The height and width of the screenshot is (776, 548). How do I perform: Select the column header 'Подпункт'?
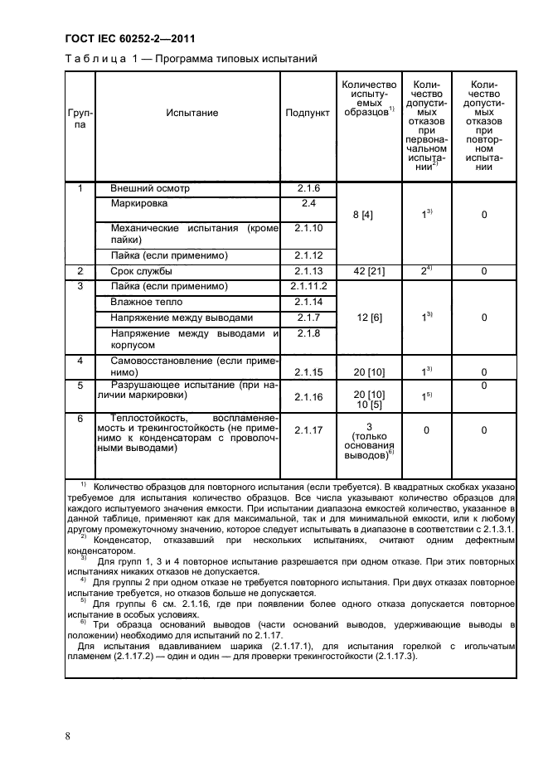click(308, 112)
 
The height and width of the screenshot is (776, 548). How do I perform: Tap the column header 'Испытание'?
click(192, 112)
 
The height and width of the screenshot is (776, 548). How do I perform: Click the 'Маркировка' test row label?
click(139, 203)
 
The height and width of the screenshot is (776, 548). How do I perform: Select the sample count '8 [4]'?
click(361, 215)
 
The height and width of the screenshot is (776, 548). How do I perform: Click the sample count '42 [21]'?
click(361, 272)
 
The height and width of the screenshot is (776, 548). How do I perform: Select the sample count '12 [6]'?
click(361, 318)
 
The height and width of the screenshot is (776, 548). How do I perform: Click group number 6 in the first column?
click(80, 420)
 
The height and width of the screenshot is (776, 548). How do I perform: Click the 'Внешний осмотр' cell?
click(150, 188)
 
